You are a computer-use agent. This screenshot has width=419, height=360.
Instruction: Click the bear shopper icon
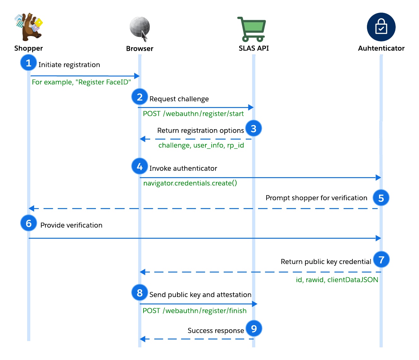tap(28, 27)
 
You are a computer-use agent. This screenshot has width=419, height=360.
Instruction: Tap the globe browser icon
tap(139, 28)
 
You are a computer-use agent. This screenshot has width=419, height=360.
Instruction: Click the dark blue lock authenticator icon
tap(381, 27)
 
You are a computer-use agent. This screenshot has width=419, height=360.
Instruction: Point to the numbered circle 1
tap(28, 63)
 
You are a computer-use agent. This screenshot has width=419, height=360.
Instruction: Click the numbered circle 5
tap(381, 198)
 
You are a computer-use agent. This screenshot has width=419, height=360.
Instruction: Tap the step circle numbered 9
tap(254, 329)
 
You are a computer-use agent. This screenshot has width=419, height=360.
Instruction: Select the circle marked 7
tap(381, 260)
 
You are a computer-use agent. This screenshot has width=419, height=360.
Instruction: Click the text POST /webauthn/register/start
tap(193, 114)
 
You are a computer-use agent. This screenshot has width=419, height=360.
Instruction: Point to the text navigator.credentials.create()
tap(190, 183)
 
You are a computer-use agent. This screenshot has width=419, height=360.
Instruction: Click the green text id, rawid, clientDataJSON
tap(337, 280)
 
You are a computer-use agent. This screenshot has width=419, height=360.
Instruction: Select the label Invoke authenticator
tap(183, 168)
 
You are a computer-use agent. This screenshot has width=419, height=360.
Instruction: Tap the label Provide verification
tap(71, 225)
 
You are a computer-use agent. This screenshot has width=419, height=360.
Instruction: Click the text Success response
tap(215, 331)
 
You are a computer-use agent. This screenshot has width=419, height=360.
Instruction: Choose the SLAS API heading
tap(254, 48)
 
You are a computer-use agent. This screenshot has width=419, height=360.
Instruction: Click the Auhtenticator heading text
tap(381, 48)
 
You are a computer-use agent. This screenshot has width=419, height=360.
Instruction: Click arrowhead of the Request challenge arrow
tap(251, 107)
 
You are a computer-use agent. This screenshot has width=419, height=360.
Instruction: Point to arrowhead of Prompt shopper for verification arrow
tap(31, 208)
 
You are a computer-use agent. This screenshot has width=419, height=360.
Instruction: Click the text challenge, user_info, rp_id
tap(201, 145)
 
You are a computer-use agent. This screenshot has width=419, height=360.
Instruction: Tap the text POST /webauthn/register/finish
tap(194, 311)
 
